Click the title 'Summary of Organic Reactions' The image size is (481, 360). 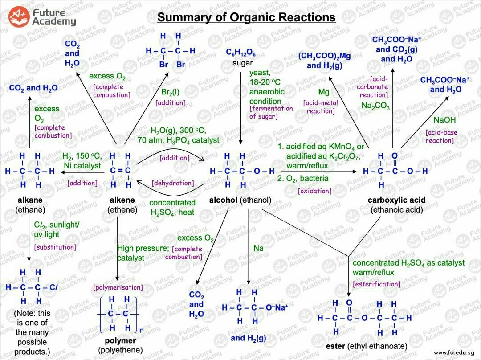tap(246, 17)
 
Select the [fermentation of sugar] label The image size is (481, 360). tap(271, 112)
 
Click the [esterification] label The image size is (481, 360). tap(376, 284)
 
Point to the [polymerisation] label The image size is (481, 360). tap(118, 287)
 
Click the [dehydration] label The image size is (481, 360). tap(173, 183)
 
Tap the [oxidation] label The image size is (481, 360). tap(314, 191)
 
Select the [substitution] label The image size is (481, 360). tap(55, 247)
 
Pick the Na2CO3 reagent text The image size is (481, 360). tap(375, 106)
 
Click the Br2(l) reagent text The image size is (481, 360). tap(171, 93)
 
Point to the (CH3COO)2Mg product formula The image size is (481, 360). tap(324, 57)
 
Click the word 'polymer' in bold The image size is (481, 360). tap(120, 341)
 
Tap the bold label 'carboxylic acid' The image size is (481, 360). tap(396, 200)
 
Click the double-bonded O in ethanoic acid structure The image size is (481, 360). tap(394, 156)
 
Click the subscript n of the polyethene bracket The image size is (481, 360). tap(142, 330)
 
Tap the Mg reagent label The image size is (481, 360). tap(323, 92)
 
